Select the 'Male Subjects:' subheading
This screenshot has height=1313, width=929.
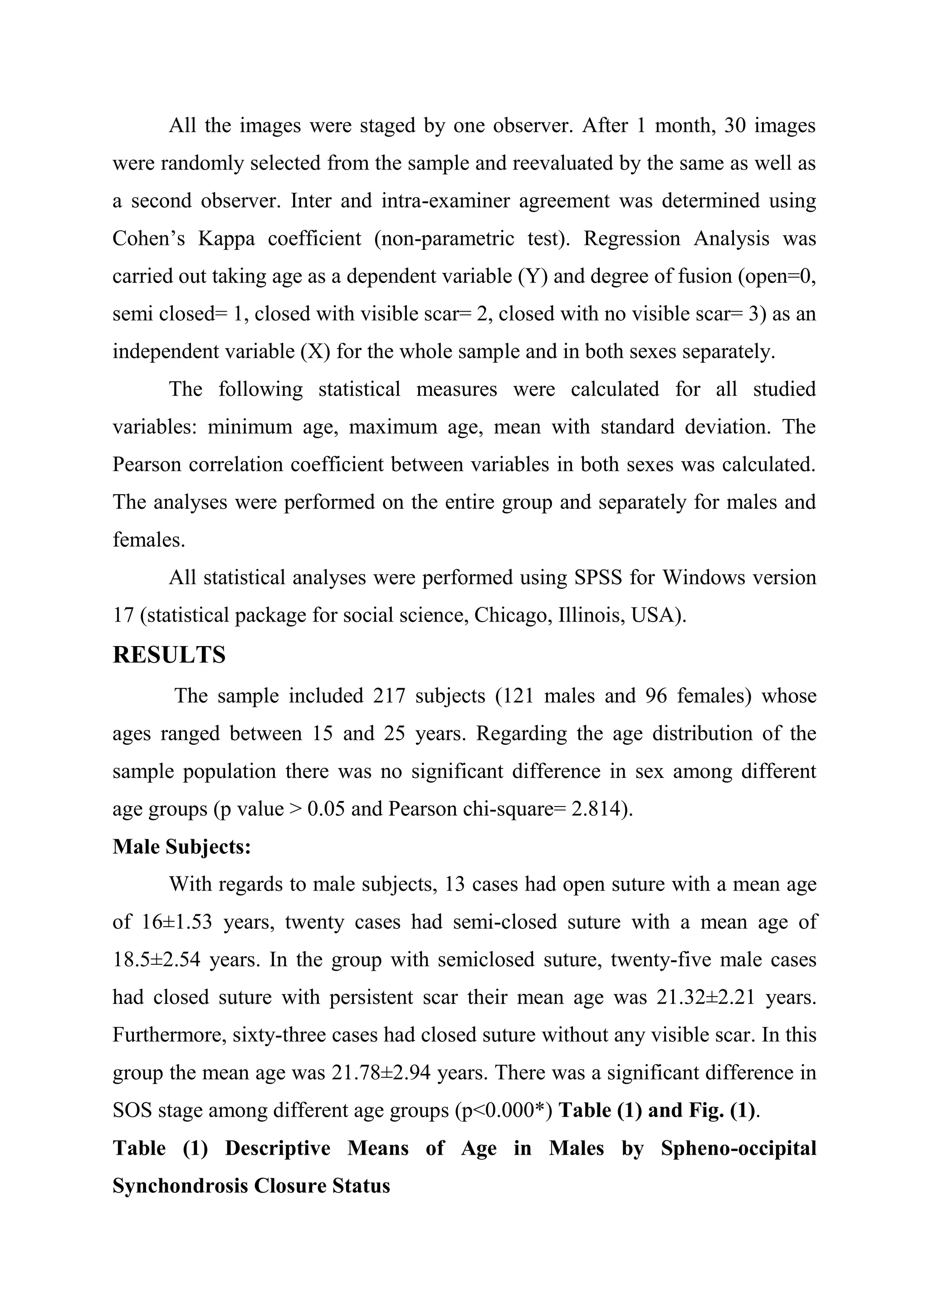click(x=181, y=846)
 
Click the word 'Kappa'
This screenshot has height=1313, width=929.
click(x=226, y=238)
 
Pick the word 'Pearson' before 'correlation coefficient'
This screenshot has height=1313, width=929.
click(x=147, y=464)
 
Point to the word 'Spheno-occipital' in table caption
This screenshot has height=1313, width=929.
click(x=738, y=1148)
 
